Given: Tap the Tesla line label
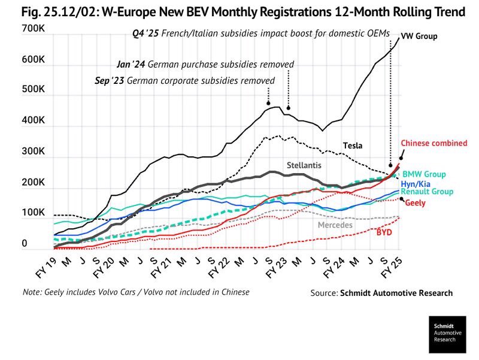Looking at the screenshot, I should (x=353, y=145).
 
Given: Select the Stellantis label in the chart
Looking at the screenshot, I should (x=305, y=164).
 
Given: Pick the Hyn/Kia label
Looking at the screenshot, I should (x=414, y=184).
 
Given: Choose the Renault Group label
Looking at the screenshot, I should (x=427, y=192).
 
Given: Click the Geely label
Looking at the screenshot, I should (x=416, y=204).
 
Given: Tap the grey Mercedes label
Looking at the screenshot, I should (x=335, y=225).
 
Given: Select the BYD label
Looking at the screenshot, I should (x=384, y=232).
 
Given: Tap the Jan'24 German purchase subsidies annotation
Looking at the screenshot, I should (x=205, y=63).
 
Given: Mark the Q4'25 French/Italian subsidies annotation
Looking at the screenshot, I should (x=260, y=34).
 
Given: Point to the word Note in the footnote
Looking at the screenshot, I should (x=31, y=292).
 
